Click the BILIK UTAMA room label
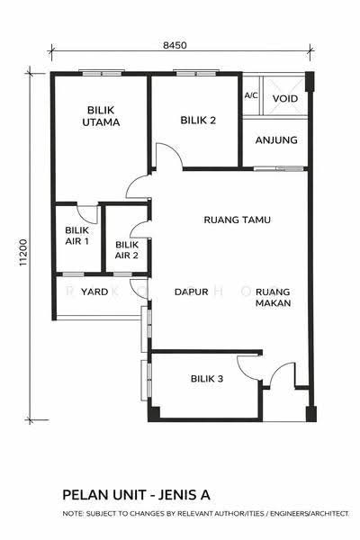(x=101, y=116)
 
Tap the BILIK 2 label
(x=198, y=121)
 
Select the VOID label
(x=285, y=99)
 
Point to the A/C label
(x=251, y=95)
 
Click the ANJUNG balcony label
(x=276, y=140)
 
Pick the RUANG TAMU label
(x=237, y=220)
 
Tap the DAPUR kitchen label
(x=191, y=292)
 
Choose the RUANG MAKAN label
(x=274, y=298)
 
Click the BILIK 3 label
(x=207, y=379)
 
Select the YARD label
(x=94, y=292)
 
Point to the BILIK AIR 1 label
(x=76, y=236)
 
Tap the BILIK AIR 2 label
(x=127, y=250)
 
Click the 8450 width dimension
(x=175, y=45)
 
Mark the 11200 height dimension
(x=22, y=252)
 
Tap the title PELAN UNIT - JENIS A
(x=136, y=495)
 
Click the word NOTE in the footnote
(x=72, y=514)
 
